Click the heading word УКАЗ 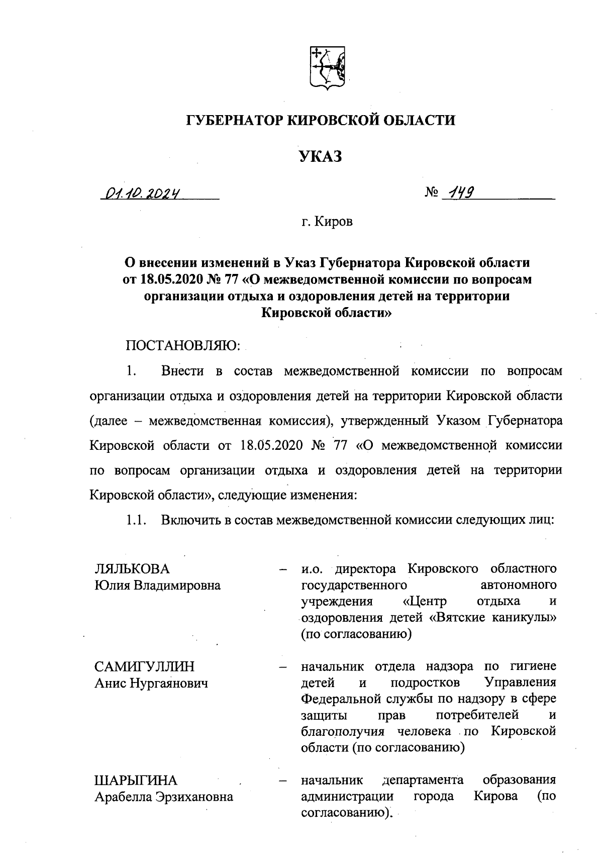pos(321,157)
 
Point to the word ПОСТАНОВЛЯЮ pos(183,346)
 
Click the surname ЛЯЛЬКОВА pos(132,569)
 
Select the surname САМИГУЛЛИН pos(144,666)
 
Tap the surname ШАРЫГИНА pos(136,780)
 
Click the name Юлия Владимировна pos(157,586)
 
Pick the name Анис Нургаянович pos(151,683)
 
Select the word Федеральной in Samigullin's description pos(338,699)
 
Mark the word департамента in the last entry pos(423,780)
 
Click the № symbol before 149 pos(432,193)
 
